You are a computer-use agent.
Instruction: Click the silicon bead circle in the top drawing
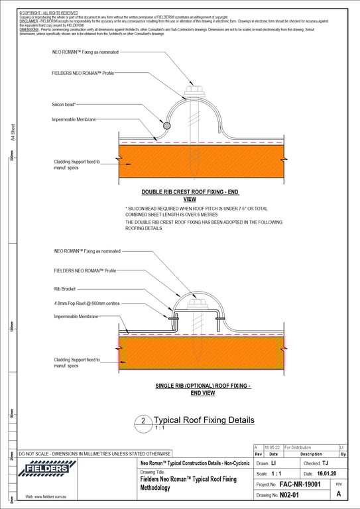pyautogui.click(x=166, y=125)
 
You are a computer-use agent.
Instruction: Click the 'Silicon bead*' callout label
pyautogui.click(x=64, y=105)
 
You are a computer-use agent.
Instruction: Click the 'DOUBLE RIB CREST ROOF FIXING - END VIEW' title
pyautogui.click(x=180, y=194)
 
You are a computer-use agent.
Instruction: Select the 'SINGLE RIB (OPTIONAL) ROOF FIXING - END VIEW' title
pyautogui.click(x=202, y=389)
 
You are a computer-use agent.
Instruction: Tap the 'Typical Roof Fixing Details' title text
pyautogui.click(x=204, y=420)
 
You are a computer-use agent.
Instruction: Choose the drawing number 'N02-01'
pyautogui.click(x=290, y=495)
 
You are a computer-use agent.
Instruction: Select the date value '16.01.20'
pyautogui.click(x=326, y=474)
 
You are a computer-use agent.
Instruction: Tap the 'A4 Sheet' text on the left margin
pyautogui.click(x=12, y=136)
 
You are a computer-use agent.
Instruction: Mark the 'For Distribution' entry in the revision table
pyautogui.click(x=298, y=448)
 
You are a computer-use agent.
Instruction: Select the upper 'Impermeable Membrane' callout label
pyautogui.click(x=74, y=119)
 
